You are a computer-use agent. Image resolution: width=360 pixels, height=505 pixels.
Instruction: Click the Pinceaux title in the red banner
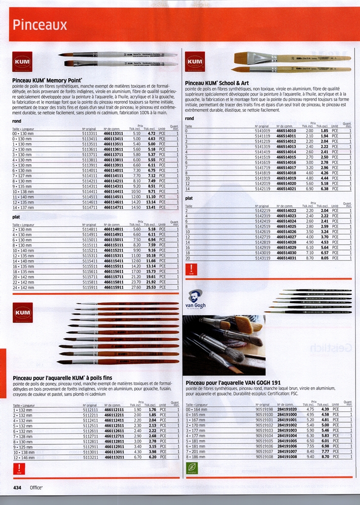pyautogui.click(x=40, y=25)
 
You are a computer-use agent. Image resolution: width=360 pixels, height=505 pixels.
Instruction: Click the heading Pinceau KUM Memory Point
pyautogui.click(x=47, y=79)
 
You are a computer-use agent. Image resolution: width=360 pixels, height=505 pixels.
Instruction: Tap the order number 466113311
pyautogui.click(x=114, y=133)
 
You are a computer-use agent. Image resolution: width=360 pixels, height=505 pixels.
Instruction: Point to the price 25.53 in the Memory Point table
pyautogui.click(x=150, y=287)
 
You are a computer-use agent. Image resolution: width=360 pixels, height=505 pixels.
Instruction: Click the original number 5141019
pyautogui.click(x=262, y=131)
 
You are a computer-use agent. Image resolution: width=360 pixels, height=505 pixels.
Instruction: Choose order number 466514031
pyautogui.click(x=287, y=258)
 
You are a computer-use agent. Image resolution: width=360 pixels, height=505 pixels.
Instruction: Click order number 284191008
pyautogui.click(x=287, y=457)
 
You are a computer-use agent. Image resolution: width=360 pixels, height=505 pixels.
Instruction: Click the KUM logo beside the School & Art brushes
pyautogui.click(x=195, y=62)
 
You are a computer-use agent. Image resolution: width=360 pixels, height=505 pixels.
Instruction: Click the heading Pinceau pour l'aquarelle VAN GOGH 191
pyautogui.click(x=233, y=382)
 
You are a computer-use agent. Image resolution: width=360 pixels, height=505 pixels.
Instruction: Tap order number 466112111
pyautogui.click(x=114, y=409)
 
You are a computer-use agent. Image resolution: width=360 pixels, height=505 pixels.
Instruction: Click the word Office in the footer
pyautogui.click(x=36, y=487)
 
